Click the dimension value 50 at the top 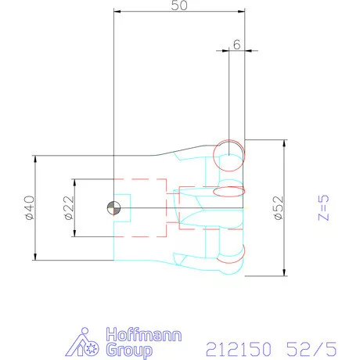(x=179, y=5)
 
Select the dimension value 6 (x=236, y=45)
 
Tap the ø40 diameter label (x=30, y=208)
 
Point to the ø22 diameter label (x=69, y=208)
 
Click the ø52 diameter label (x=279, y=208)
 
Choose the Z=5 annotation (x=323, y=208)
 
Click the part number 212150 (x=239, y=349)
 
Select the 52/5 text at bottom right (x=311, y=349)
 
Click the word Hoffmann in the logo (x=144, y=335)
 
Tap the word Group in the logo (x=129, y=350)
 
